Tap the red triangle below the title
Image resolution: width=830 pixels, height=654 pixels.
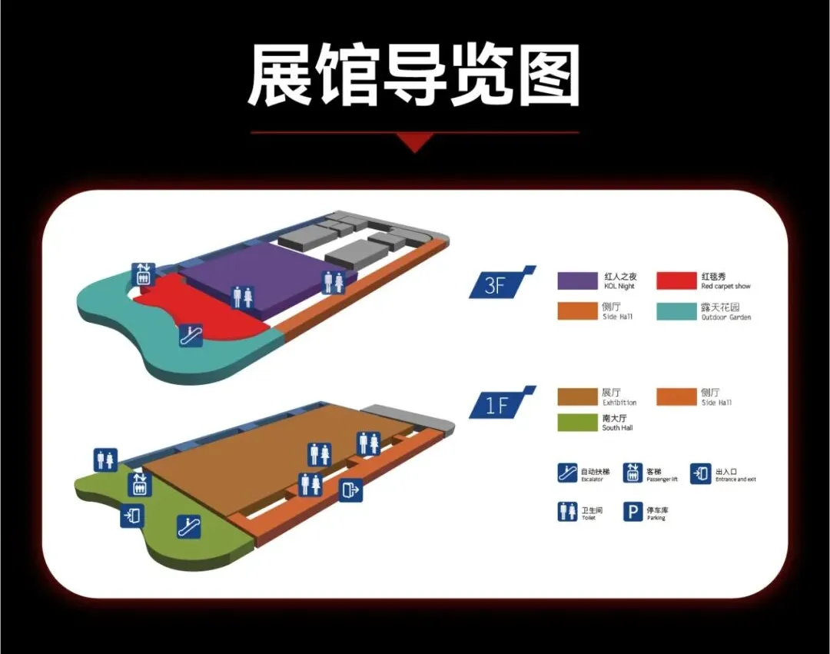click(414, 142)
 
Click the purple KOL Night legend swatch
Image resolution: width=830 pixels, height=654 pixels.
click(577, 281)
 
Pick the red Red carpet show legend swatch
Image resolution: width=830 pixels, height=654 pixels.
click(676, 281)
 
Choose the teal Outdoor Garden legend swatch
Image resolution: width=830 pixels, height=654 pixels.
click(676, 311)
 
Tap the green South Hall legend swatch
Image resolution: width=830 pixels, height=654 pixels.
click(577, 422)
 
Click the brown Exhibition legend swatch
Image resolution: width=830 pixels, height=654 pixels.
click(577, 397)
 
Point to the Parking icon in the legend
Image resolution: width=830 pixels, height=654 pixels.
click(632, 512)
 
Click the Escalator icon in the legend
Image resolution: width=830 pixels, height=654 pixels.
click(567, 473)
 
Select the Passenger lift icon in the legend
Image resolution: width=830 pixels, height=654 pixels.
click(632, 473)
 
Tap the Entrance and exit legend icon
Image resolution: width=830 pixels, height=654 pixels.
click(700, 473)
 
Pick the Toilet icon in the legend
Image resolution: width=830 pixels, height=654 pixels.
click(567, 512)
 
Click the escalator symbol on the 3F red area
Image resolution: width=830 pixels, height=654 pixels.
click(190, 335)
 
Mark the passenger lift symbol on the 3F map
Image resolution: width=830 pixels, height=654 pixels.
click(143, 274)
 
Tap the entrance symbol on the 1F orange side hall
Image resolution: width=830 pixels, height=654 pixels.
click(350, 490)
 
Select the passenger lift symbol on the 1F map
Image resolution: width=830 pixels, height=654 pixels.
click(140, 484)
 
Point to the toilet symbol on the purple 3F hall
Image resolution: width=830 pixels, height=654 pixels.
click(243, 296)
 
